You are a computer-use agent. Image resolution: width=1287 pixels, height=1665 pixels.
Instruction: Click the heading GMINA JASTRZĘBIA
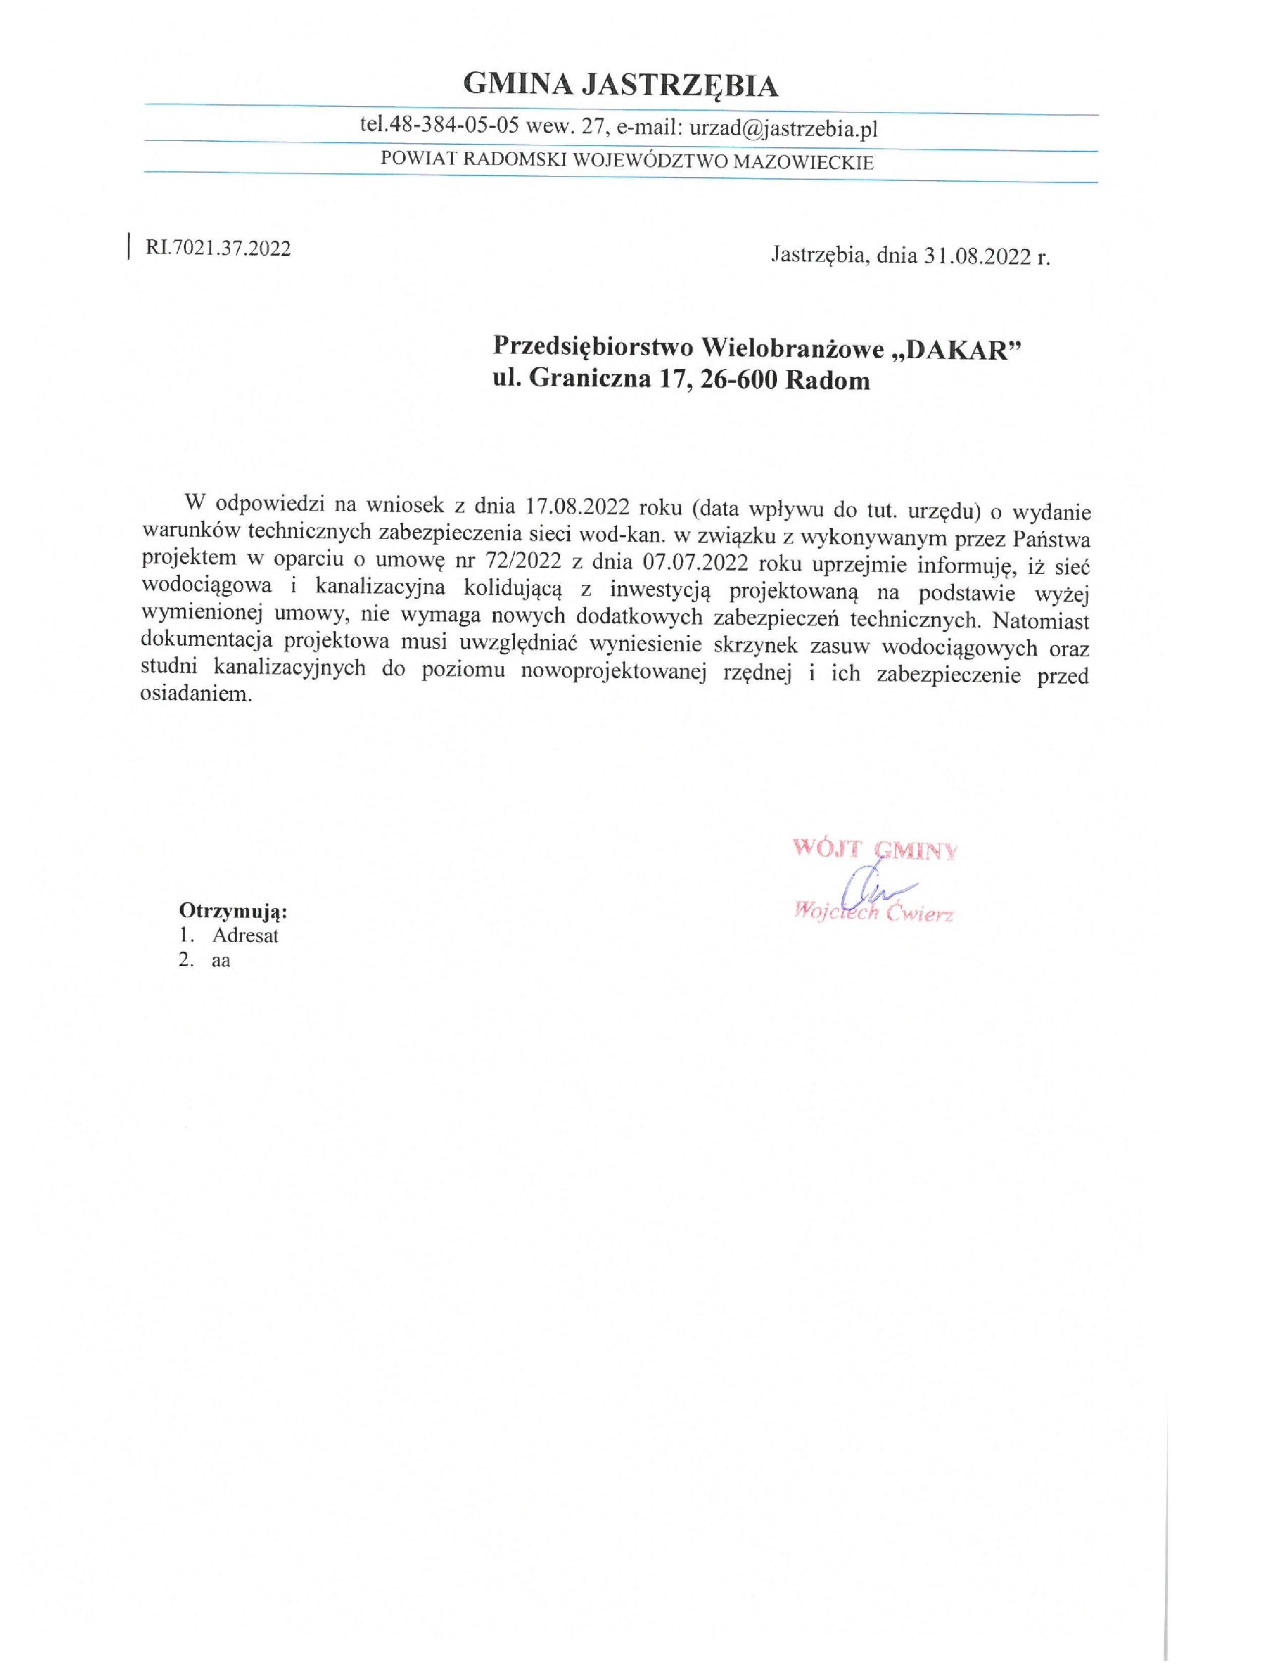(621, 85)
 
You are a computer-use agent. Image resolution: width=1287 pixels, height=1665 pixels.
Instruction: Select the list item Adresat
(245, 935)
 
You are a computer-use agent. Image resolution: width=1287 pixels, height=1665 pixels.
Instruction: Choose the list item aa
(221, 961)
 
